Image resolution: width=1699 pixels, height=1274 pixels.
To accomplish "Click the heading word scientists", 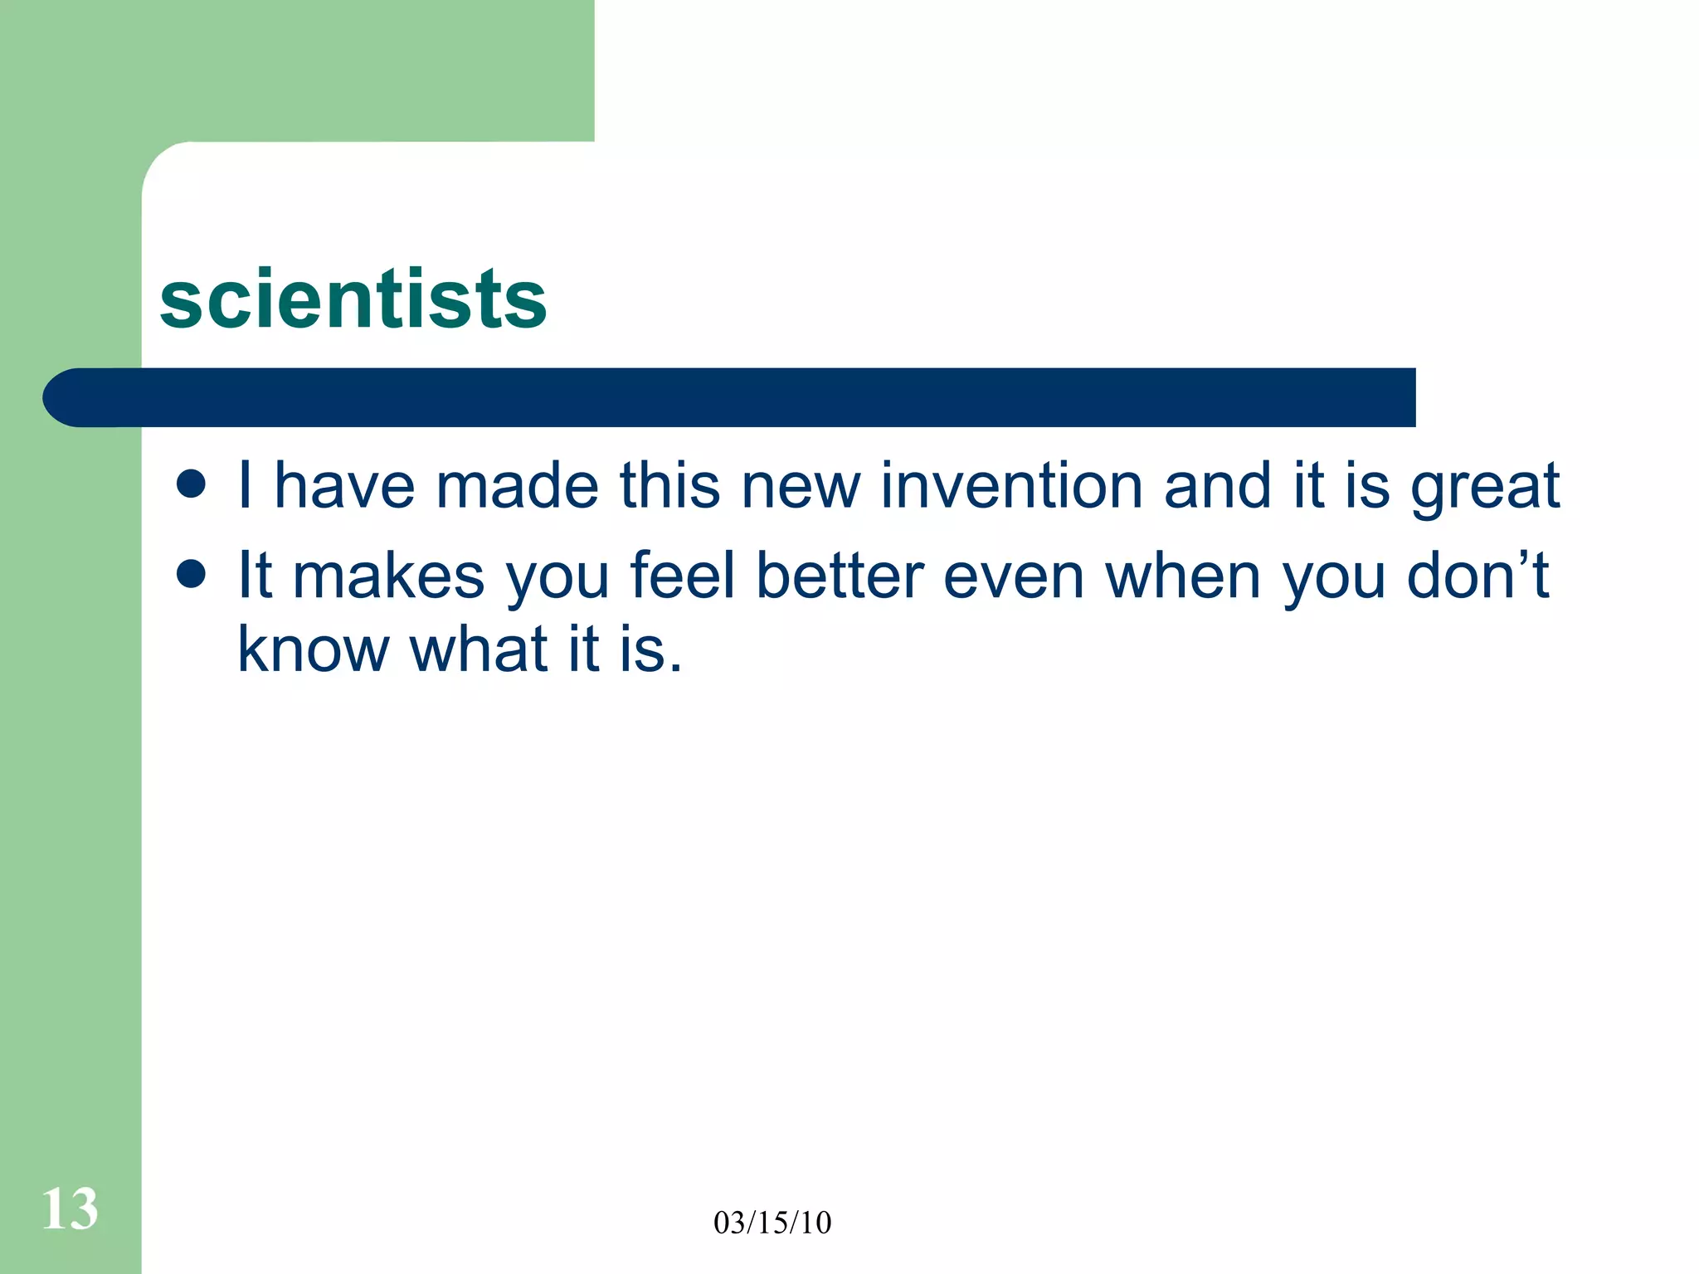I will (353, 299).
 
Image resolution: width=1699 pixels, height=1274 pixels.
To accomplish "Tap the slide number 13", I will (70, 1209).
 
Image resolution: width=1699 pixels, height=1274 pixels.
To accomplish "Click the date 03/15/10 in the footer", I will (772, 1223).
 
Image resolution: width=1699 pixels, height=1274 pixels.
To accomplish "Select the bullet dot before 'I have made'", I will (192, 484).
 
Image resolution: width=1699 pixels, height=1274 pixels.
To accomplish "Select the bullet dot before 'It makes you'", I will (192, 574).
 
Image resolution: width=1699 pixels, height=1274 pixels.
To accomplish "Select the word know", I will (313, 649).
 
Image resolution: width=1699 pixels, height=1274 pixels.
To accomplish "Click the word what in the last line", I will (479, 649).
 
